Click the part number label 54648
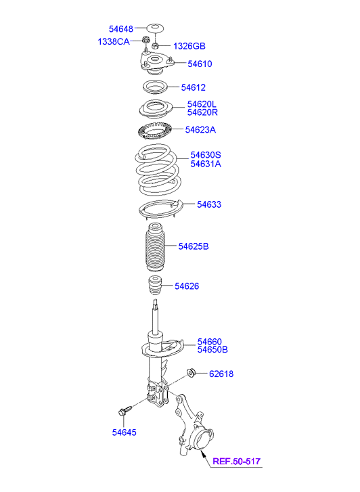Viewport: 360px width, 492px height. (x=121, y=29)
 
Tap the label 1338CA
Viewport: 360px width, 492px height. (x=114, y=41)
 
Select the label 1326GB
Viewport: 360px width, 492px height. (x=189, y=46)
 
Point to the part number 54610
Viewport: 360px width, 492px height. (x=200, y=64)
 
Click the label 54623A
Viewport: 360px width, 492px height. (x=200, y=129)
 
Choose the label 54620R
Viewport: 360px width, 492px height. (x=202, y=112)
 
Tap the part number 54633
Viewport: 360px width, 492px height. (x=209, y=204)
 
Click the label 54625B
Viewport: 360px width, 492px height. (x=194, y=246)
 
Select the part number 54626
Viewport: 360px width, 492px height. (x=187, y=286)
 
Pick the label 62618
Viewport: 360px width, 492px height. (x=221, y=374)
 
